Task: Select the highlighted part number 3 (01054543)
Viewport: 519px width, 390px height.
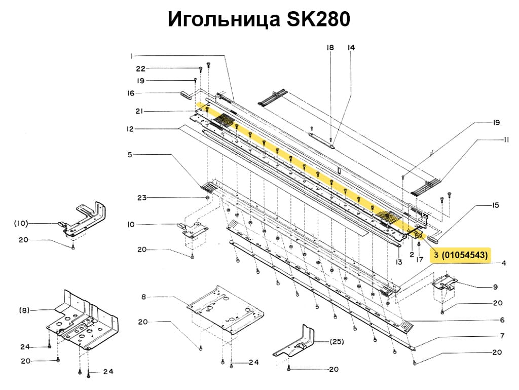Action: pos(461,255)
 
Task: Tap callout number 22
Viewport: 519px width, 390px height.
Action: pos(141,68)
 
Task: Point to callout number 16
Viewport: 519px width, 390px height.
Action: pos(131,93)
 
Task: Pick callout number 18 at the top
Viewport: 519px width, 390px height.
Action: pos(330,48)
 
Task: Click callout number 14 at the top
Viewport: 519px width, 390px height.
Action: pos(351,48)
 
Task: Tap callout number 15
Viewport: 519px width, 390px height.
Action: pos(495,205)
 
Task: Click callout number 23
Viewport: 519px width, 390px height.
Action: pos(141,198)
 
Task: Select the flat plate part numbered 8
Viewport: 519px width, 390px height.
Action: pos(226,309)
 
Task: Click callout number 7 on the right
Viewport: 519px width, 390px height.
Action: pos(502,336)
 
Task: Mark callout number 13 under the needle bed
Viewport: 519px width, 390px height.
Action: pos(399,262)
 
